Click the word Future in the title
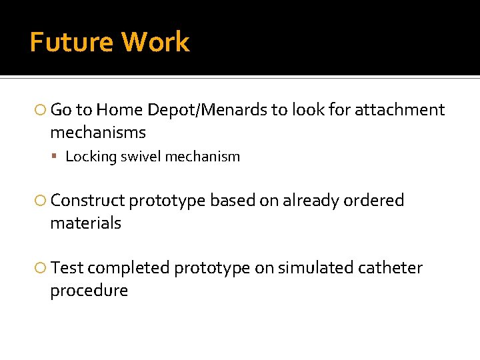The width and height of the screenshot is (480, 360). (x=71, y=42)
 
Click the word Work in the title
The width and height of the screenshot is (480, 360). (x=155, y=42)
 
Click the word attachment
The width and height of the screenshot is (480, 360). (x=399, y=110)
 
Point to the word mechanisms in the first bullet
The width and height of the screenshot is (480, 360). (x=97, y=133)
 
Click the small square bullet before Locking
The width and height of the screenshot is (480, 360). (x=59, y=157)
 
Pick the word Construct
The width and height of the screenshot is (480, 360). (x=87, y=201)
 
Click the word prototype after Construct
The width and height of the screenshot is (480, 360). (x=167, y=201)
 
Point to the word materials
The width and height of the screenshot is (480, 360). (x=85, y=223)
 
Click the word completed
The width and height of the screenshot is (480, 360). (x=128, y=268)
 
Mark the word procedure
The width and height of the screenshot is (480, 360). (x=89, y=291)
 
